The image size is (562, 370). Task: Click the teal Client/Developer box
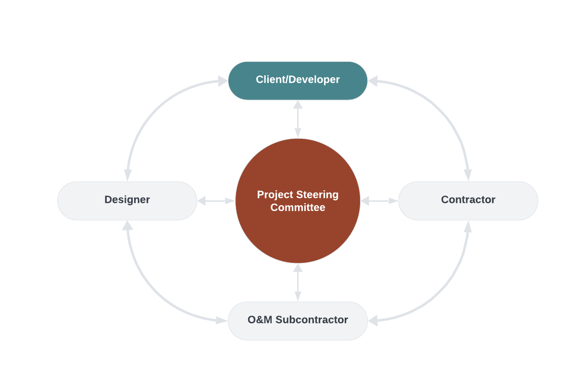click(x=298, y=80)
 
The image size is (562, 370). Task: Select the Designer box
click(x=127, y=200)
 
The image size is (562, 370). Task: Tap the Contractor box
click(x=468, y=200)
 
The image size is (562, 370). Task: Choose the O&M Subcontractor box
click(x=298, y=321)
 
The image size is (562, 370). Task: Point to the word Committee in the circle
click(x=298, y=208)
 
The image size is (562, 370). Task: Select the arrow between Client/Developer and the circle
click(x=298, y=119)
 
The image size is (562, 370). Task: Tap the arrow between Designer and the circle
click(x=216, y=201)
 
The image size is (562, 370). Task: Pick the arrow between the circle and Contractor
click(x=379, y=201)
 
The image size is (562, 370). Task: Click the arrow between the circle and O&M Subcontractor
click(x=298, y=283)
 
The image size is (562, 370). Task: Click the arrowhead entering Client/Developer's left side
click(x=223, y=81)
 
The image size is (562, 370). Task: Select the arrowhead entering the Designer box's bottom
click(x=127, y=226)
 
